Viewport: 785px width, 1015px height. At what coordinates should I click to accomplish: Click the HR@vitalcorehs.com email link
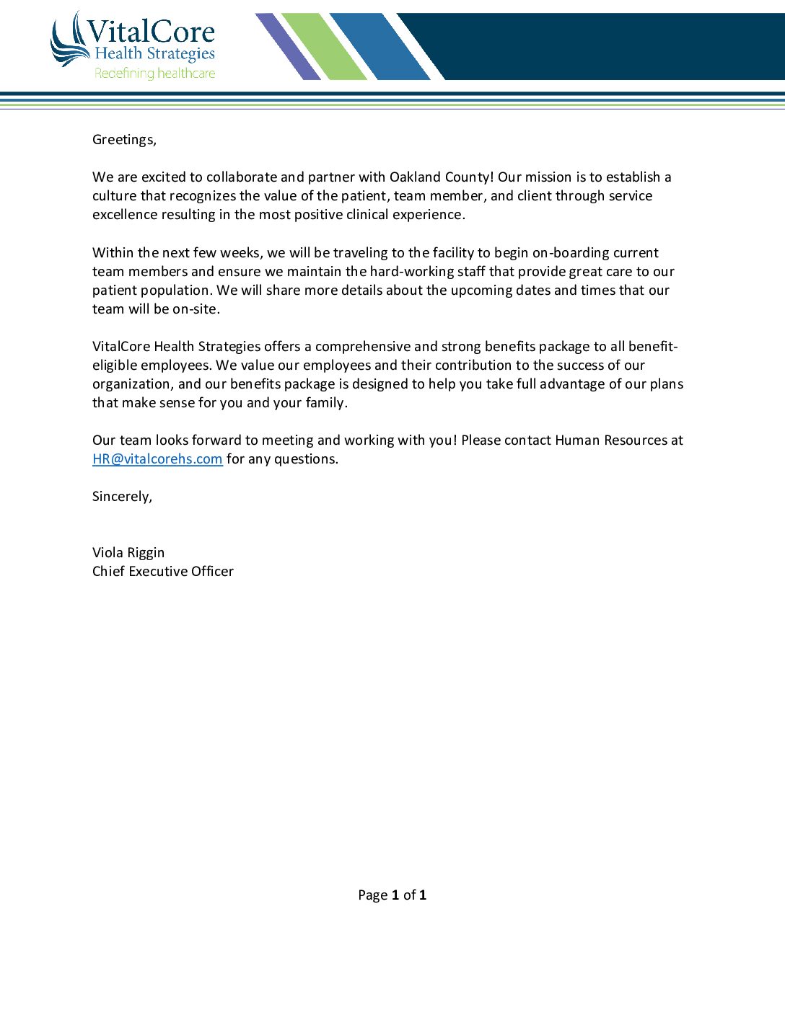coord(157,459)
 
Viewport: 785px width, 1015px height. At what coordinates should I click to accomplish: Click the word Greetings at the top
coord(123,140)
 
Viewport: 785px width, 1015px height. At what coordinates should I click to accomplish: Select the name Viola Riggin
coord(128,553)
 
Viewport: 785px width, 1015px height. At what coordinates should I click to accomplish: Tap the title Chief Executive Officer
coord(163,572)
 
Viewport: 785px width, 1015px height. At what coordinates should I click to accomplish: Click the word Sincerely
coord(121,497)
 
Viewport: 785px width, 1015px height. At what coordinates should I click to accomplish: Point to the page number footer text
coord(392,895)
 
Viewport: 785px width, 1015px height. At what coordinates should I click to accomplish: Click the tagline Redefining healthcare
coord(154,74)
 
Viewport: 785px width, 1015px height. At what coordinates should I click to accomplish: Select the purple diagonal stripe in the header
coord(288,46)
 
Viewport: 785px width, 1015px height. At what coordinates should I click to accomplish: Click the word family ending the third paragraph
coord(325,403)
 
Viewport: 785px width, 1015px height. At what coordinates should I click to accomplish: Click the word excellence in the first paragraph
coord(125,215)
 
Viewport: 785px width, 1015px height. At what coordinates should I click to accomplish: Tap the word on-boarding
coord(571,253)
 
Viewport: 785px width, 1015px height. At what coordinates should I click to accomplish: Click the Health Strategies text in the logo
coord(154,54)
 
